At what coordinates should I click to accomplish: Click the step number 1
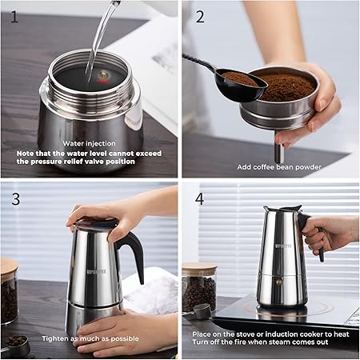(14, 17)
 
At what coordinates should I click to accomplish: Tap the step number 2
(200, 17)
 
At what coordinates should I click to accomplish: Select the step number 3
(16, 199)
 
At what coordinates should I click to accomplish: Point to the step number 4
(200, 199)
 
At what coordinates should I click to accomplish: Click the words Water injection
(89, 143)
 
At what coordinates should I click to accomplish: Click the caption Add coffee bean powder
(279, 167)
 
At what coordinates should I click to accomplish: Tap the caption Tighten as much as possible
(90, 338)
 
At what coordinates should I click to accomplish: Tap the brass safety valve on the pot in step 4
(279, 281)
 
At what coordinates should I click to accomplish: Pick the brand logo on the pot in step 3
(97, 271)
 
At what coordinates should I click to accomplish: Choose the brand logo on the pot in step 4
(283, 246)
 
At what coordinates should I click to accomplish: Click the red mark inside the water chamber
(102, 81)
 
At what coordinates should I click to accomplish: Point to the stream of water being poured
(100, 40)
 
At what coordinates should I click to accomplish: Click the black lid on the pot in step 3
(96, 223)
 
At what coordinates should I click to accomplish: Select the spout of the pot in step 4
(267, 209)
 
